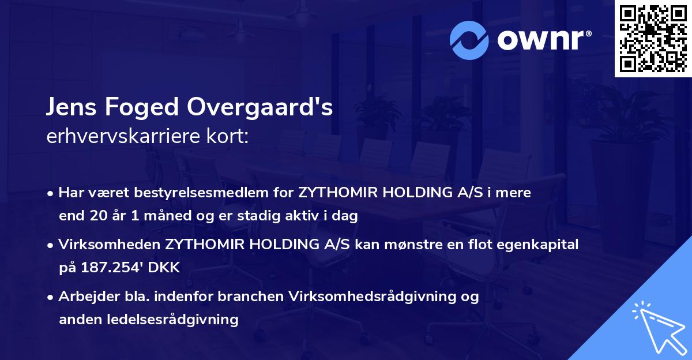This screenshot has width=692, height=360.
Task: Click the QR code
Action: point(653,38)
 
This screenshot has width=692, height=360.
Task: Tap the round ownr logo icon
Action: point(469,40)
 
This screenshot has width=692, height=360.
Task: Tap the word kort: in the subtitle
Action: point(227,137)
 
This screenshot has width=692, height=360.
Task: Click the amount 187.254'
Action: point(107,268)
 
